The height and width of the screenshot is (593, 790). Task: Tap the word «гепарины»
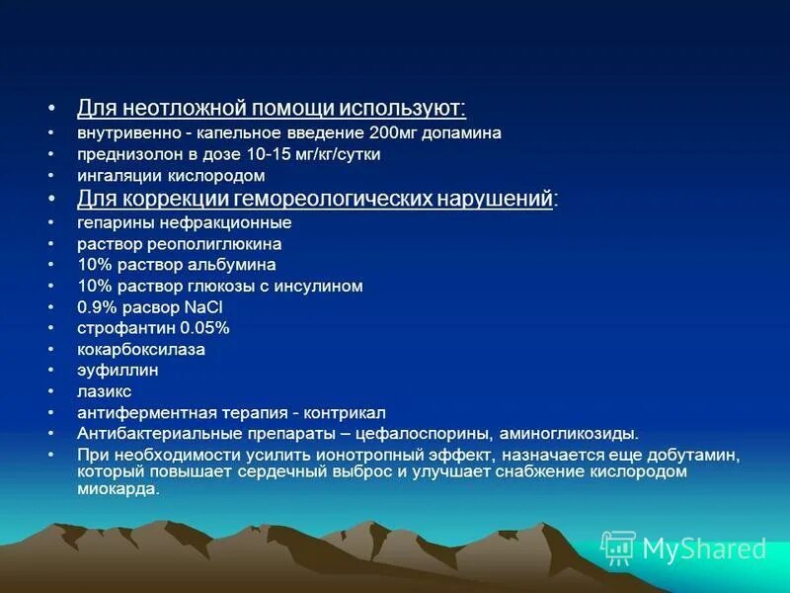(x=114, y=222)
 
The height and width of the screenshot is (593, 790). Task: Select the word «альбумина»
(x=233, y=265)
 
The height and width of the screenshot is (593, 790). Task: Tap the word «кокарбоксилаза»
(x=141, y=349)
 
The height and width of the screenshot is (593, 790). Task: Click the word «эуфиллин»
(x=118, y=370)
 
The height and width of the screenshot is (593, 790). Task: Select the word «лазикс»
(x=105, y=391)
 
